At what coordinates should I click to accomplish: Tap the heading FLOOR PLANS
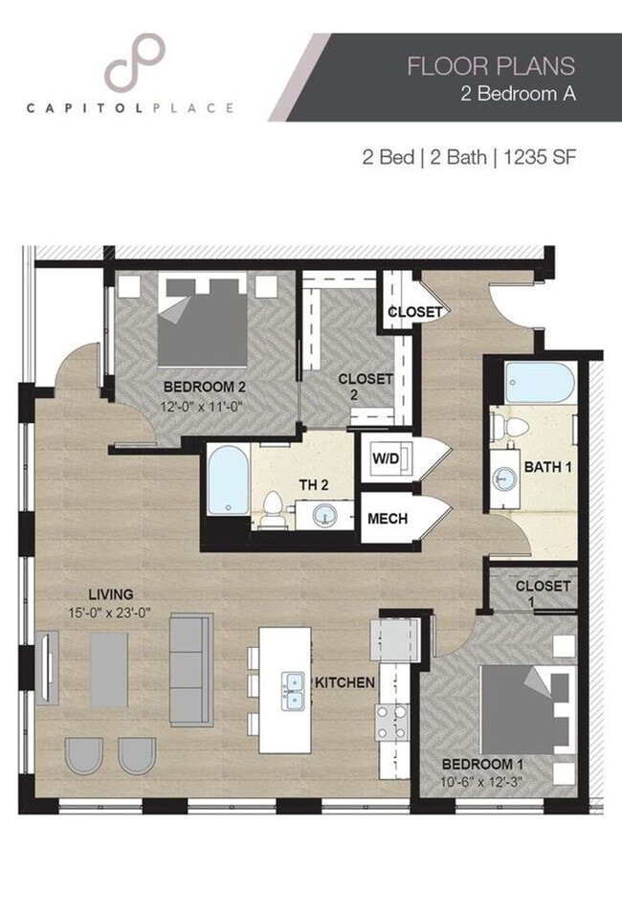point(491,66)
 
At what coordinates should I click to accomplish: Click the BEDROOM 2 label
point(205,388)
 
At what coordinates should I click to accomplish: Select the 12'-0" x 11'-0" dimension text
point(205,406)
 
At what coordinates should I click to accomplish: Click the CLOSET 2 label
point(366,387)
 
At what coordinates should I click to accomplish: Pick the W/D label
point(386,458)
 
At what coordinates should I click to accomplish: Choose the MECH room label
point(388,519)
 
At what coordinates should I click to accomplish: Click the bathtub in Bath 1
point(539,384)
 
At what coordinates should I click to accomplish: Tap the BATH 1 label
point(547,467)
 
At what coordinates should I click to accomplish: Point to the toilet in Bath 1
point(511,428)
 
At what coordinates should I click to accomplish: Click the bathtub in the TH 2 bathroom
point(228,480)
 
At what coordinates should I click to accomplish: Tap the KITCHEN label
point(344,682)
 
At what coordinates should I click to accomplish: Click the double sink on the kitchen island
point(294,682)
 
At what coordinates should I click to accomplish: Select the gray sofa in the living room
point(191,669)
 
